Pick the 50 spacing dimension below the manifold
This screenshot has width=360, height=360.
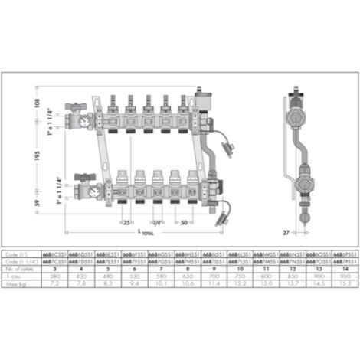click(183, 222)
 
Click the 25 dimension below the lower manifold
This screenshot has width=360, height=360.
click(126, 222)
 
